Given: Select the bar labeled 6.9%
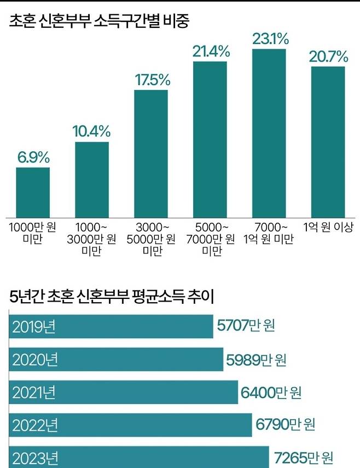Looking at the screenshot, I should pyautogui.click(x=33, y=192).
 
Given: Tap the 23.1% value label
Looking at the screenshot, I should pyautogui.click(x=269, y=39).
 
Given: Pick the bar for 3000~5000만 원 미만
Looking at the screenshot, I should pyautogui.click(x=151, y=153).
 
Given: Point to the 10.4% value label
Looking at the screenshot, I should pyautogui.click(x=91, y=131).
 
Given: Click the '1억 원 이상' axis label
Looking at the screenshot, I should pyautogui.click(x=328, y=227).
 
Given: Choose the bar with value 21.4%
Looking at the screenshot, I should pyautogui.click(x=210, y=139).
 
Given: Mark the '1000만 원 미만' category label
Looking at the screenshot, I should pyautogui.click(x=33, y=233).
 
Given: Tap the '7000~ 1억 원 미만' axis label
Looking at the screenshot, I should pyautogui.click(x=269, y=233).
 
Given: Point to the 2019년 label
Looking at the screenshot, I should pyautogui.click(x=33, y=327).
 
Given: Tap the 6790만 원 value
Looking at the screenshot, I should pyautogui.click(x=285, y=424).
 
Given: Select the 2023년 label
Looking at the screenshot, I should pyautogui.click(x=33, y=458).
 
